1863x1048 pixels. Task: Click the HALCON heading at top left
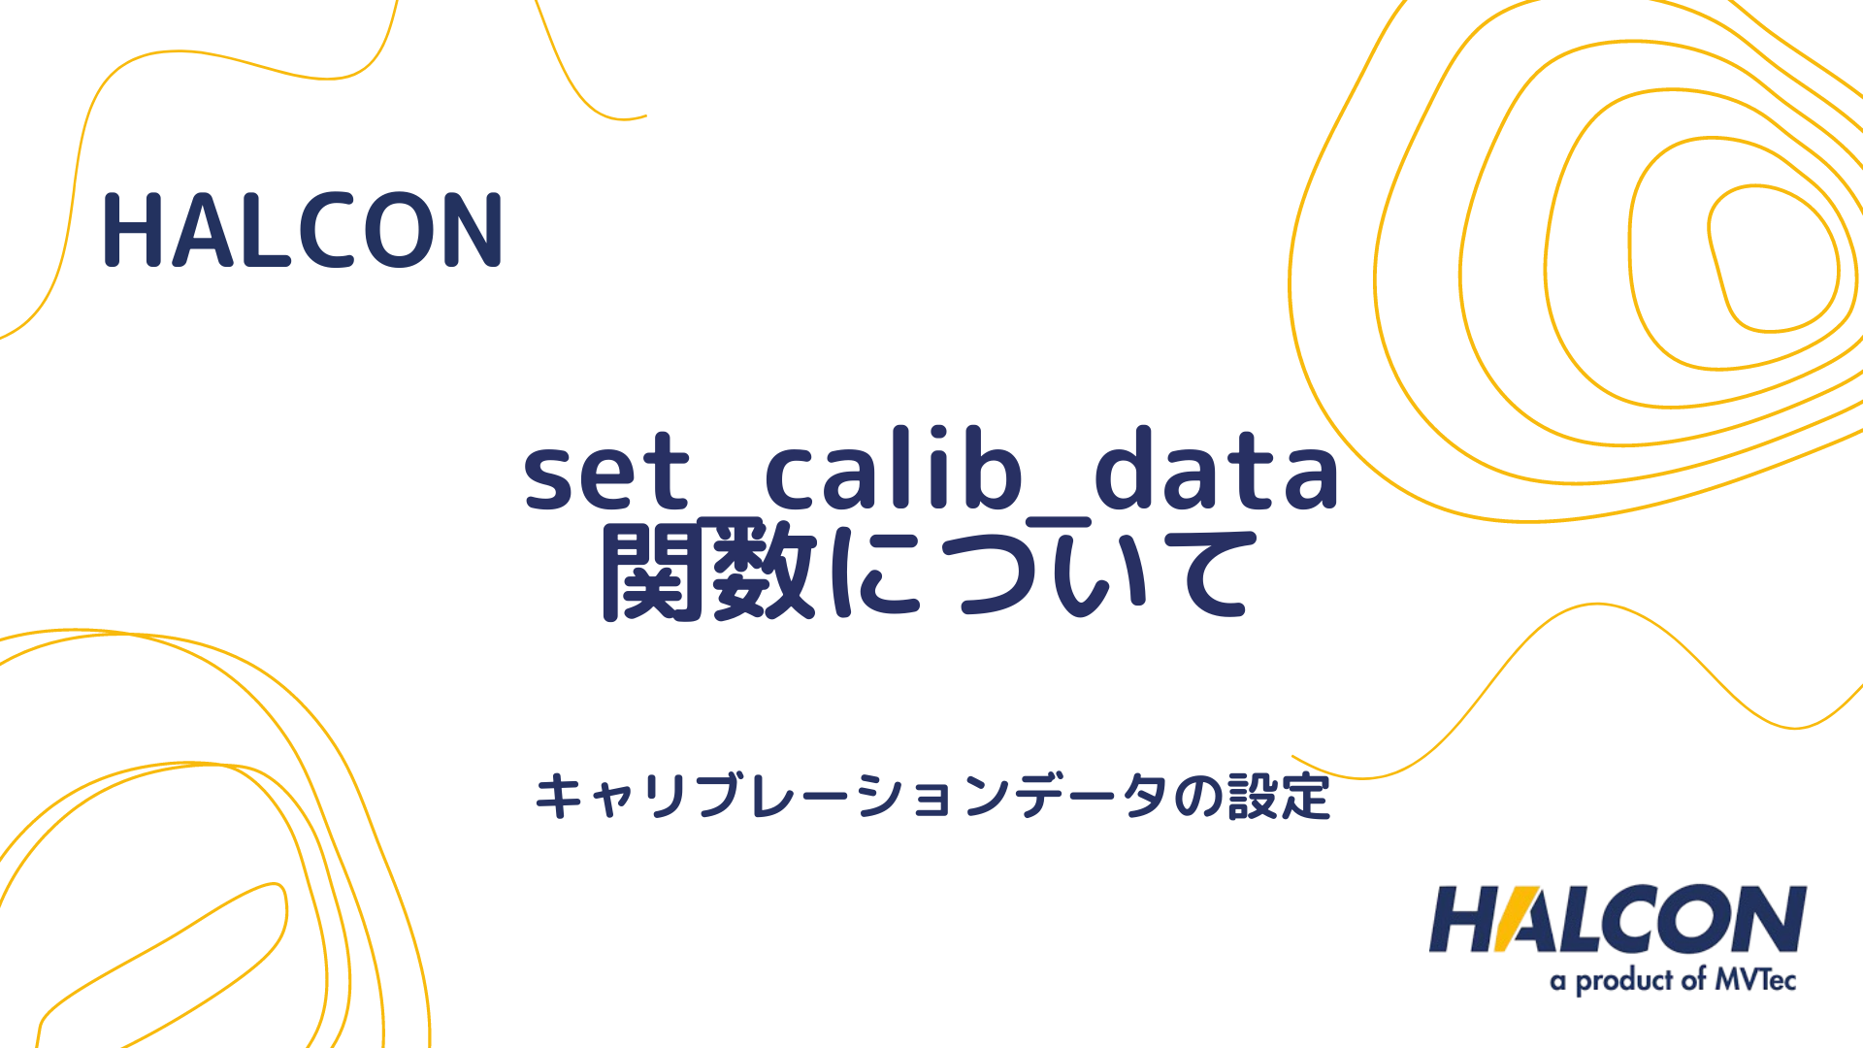tap(303, 231)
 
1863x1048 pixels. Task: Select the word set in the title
tap(605, 473)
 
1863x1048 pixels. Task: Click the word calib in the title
tap(893, 470)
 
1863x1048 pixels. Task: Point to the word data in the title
tap(1217, 470)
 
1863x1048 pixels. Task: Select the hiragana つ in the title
tap(990, 577)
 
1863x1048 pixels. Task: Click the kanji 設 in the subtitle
tap(1254, 798)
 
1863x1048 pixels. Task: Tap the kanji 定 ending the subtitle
tap(1306, 798)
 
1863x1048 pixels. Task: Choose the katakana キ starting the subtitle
tap(560, 798)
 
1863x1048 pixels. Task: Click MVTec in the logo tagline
tap(1755, 980)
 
